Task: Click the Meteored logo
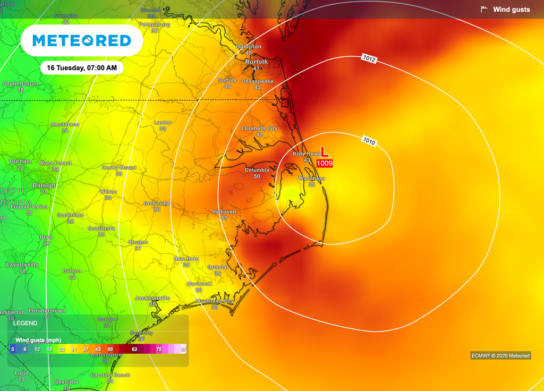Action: (x=81, y=40)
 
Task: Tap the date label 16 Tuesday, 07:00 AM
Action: (x=81, y=67)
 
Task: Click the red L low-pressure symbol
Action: (x=325, y=152)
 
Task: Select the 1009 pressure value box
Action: (x=325, y=163)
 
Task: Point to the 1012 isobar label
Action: (x=370, y=59)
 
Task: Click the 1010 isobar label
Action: (x=370, y=141)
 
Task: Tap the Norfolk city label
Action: (x=256, y=62)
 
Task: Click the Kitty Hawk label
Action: (x=307, y=154)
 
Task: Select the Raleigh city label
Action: (x=45, y=185)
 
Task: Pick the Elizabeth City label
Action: (x=259, y=129)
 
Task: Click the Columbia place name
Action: (x=257, y=170)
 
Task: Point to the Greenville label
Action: (x=157, y=203)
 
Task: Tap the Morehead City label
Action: (x=215, y=301)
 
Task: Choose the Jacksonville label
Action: (x=152, y=298)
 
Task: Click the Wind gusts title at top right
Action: (x=511, y=10)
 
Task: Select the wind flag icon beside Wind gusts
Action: (x=484, y=9)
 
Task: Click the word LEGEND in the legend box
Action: (x=25, y=323)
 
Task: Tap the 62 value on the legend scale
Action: (x=134, y=349)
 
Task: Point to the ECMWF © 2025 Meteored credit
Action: (x=500, y=356)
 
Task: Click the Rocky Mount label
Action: (x=119, y=167)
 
